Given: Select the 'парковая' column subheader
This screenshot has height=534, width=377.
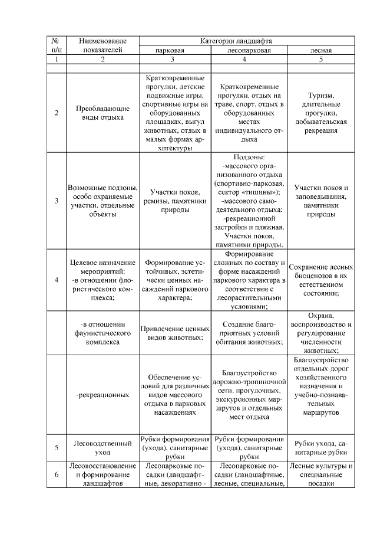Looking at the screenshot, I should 174,51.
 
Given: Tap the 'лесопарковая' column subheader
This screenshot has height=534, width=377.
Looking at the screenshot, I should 249,51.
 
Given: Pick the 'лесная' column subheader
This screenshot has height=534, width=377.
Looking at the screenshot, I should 321,51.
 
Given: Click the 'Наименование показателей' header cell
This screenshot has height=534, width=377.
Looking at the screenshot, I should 102,46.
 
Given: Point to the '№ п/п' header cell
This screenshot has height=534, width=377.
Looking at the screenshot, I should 56,46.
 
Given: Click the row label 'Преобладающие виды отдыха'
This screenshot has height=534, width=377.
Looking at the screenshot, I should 102,113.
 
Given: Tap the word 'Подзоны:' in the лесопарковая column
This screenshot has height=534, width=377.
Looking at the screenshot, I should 249,158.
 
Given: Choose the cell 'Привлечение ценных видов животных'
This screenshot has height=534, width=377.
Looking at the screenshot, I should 174,333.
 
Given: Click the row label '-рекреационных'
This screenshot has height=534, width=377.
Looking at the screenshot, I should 102,394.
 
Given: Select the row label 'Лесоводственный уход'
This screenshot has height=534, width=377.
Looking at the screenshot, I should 102,447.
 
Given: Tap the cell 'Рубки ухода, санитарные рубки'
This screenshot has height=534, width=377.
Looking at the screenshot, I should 321,447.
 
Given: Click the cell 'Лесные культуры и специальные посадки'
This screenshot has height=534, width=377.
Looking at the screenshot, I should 321,475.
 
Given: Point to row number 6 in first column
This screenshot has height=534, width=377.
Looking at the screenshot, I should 56,475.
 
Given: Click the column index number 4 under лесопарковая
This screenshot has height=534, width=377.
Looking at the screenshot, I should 249,60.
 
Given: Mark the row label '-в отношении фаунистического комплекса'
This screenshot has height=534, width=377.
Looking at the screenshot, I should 102,333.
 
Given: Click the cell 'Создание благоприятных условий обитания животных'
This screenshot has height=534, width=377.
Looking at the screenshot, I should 249,333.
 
